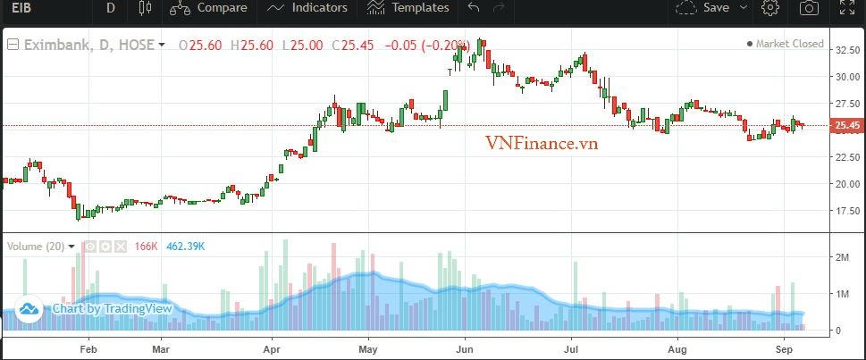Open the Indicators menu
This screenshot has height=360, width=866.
[x=307, y=8]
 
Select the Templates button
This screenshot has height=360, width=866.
[x=408, y=8]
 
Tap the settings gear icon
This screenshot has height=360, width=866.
[x=769, y=8]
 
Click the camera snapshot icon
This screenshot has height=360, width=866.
[x=809, y=8]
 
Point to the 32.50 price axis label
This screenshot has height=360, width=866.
[x=847, y=50]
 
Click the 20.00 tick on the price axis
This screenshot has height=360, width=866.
[x=847, y=184]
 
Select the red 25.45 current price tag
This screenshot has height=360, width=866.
[x=847, y=126]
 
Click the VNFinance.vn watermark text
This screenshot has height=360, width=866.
[x=542, y=142]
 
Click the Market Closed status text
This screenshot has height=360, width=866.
[x=789, y=44]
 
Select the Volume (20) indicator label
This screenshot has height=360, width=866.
[x=36, y=246]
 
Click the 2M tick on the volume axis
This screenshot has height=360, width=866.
[x=842, y=257]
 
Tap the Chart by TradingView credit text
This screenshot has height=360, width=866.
[x=111, y=309]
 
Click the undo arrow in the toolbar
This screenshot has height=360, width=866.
[x=474, y=8]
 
